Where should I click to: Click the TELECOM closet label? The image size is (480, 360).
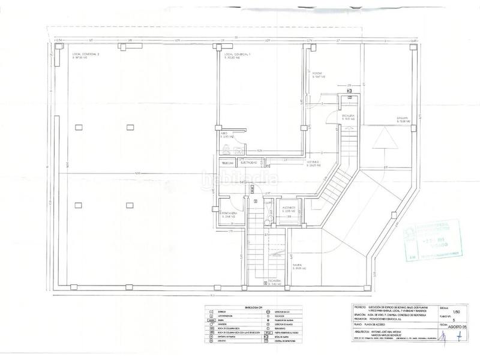tap(228, 163)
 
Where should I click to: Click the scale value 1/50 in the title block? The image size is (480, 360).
tap(458, 312)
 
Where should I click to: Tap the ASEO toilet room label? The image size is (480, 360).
tap(226, 136)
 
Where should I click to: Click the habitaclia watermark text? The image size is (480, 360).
tap(240, 178)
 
